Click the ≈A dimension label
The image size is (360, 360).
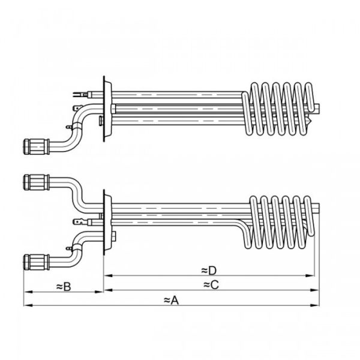point(171,299)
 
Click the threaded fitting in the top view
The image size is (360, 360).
point(34,146)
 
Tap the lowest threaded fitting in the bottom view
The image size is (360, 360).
point(34,260)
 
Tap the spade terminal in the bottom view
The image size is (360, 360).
point(77,224)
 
